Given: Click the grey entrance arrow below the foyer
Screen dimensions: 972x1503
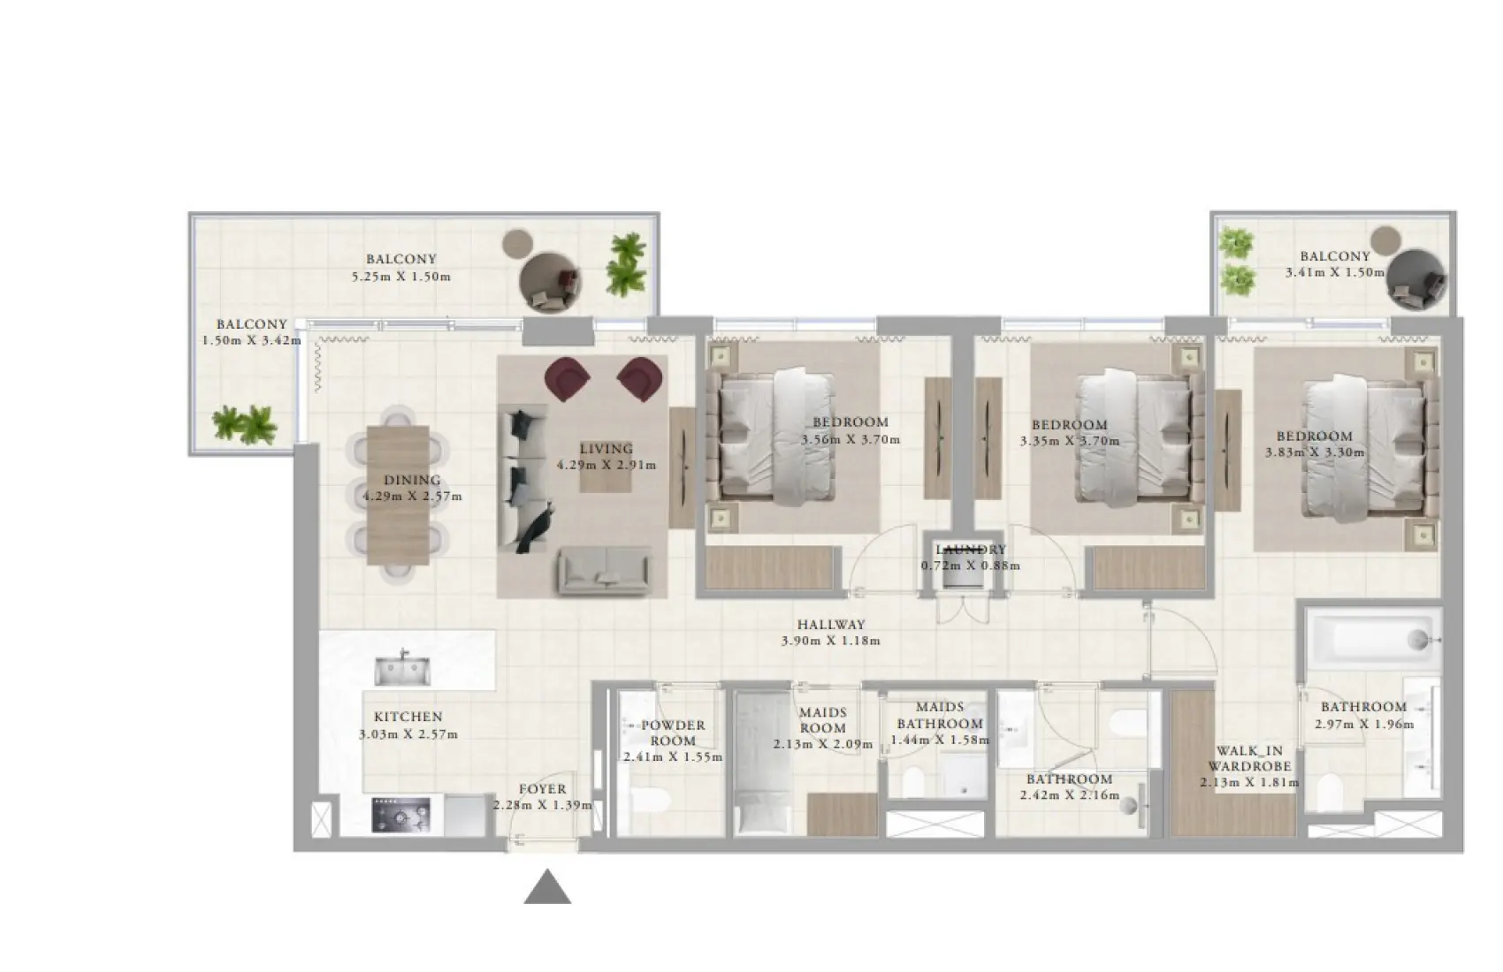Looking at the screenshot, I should pyautogui.click(x=547, y=888).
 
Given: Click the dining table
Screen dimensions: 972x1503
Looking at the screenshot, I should pyautogui.click(x=398, y=495).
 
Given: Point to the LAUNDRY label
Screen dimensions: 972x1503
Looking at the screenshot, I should pyautogui.click(x=971, y=550).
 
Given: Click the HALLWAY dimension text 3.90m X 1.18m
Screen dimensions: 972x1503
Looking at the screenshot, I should pyautogui.click(x=830, y=641).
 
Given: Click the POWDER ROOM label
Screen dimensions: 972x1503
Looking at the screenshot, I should pyautogui.click(x=673, y=733).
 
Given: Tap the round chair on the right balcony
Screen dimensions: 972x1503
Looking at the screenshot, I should pyautogui.click(x=1416, y=280).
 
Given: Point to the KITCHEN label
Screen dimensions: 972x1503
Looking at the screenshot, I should pyautogui.click(x=408, y=718).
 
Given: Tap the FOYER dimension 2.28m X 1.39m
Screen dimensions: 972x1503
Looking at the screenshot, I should pyautogui.click(x=542, y=805).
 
